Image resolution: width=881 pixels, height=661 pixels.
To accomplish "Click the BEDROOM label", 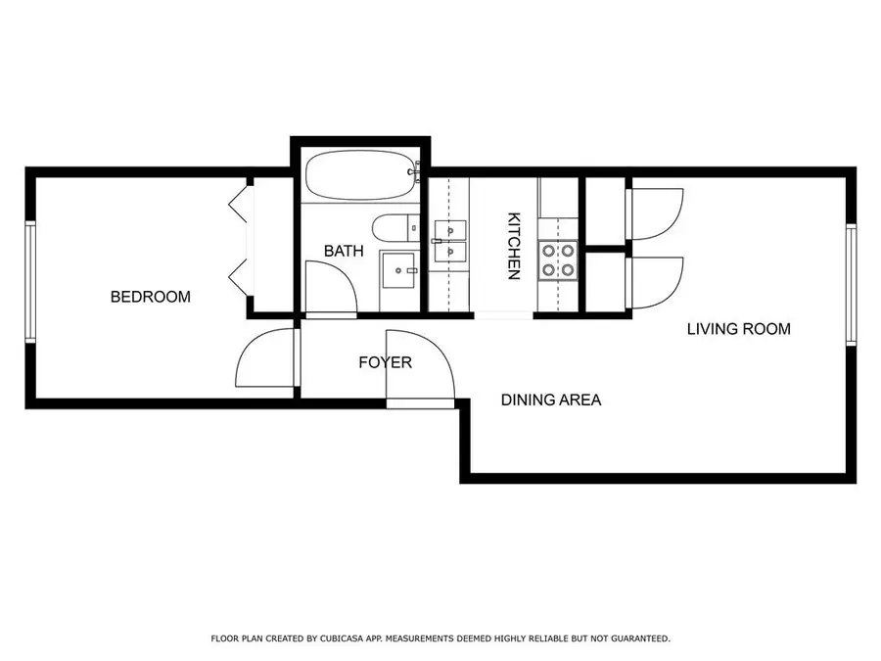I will pyautogui.click(x=150, y=297).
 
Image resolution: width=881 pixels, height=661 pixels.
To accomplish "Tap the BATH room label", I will pyautogui.click(x=344, y=252).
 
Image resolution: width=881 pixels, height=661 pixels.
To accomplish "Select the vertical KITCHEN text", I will pyautogui.click(x=512, y=247).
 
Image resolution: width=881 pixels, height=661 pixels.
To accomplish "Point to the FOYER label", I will pyautogui.click(x=385, y=362).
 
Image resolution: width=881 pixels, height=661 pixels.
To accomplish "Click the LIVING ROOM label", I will pyautogui.click(x=738, y=329).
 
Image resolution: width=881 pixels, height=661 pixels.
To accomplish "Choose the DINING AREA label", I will pyautogui.click(x=551, y=400).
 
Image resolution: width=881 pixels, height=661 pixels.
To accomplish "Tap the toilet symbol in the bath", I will pyautogui.click(x=396, y=227).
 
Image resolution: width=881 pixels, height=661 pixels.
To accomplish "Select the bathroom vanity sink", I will pyautogui.click(x=398, y=269).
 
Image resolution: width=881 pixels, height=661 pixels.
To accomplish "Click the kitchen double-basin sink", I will pyautogui.click(x=449, y=242).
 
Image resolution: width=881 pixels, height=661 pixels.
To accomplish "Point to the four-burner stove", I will pyautogui.click(x=558, y=259).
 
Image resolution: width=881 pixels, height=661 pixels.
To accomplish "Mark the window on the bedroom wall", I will pyautogui.click(x=30, y=282).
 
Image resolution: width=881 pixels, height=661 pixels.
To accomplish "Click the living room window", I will pyautogui.click(x=851, y=284).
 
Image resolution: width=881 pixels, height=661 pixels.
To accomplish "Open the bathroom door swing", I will pyautogui.click(x=327, y=290).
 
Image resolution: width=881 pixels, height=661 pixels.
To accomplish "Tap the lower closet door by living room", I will pyautogui.click(x=654, y=282).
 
